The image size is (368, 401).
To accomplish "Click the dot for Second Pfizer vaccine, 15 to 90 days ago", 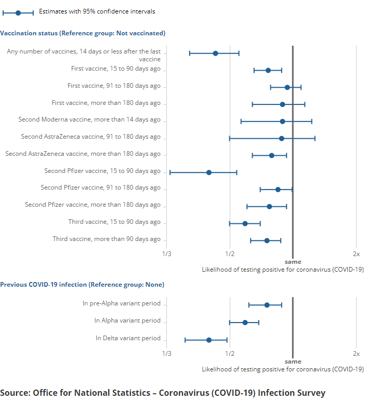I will pos(209,172).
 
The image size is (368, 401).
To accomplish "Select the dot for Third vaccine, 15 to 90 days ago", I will pos(245,224).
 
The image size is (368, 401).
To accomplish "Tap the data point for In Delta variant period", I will pos(209,340).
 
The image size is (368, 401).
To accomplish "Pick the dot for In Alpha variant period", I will pos(245,323).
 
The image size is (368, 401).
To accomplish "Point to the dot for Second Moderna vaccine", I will pos(282,122).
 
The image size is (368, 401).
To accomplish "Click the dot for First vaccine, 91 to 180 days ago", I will pos(287,87).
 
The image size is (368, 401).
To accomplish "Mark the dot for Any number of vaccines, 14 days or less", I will pos(215,54).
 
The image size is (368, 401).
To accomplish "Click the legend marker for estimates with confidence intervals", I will pos(18,12).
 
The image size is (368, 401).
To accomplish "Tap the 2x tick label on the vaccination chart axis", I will pos(356,254).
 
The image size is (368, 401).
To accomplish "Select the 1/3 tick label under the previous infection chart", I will pos(167,353).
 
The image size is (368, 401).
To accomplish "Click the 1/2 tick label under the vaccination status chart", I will pos(230,254).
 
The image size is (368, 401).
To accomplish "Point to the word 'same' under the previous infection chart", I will pos(293,362).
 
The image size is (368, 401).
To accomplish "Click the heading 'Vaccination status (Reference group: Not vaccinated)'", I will pos(83,33).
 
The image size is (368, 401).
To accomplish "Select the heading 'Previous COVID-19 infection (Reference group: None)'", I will pos(82,285).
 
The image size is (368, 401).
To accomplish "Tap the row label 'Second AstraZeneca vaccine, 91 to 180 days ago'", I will pos(91,137).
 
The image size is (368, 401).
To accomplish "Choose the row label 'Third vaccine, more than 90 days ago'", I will pos(107,239).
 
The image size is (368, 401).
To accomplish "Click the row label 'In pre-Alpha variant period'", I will pos(122,303).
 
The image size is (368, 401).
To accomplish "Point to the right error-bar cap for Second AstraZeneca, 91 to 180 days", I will pos(315,139).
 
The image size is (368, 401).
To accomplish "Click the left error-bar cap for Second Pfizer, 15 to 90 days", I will pos(170,172).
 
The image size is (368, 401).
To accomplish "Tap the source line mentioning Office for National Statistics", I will pos(163,393).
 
